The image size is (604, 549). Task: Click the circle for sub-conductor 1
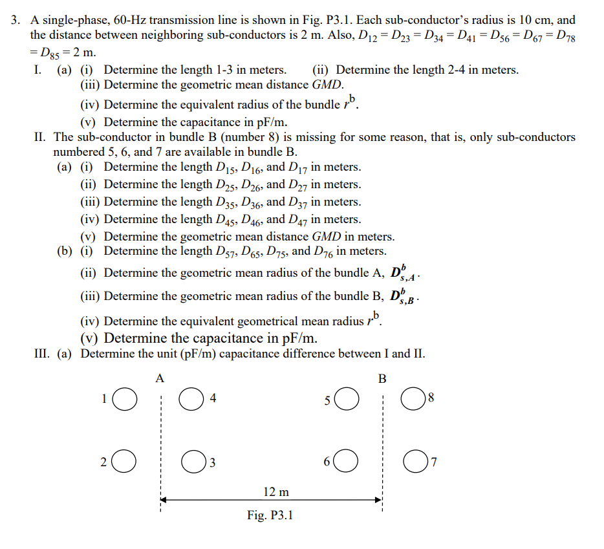click(x=125, y=399)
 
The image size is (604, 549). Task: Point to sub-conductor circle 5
click(x=346, y=399)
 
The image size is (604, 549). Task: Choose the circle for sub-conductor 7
click(x=414, y=462)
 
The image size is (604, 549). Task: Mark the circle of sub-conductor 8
click(x=414, y=399)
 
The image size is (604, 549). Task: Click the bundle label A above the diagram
click(x=160, y=378)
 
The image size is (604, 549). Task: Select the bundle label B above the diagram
click(x=382, y=378)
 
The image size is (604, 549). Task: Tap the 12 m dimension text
click(x=276, y=492)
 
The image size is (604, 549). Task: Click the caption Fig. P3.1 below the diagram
click(x=270, y=515)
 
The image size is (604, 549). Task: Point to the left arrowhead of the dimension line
click(x=164, y=500)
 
